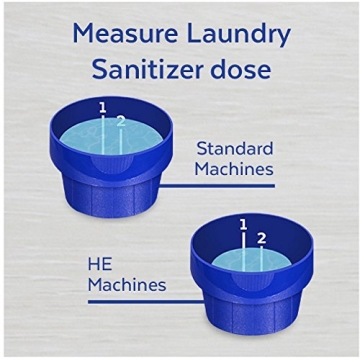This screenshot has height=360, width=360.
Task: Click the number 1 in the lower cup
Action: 243,225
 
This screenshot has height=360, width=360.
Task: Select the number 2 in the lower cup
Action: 261,238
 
